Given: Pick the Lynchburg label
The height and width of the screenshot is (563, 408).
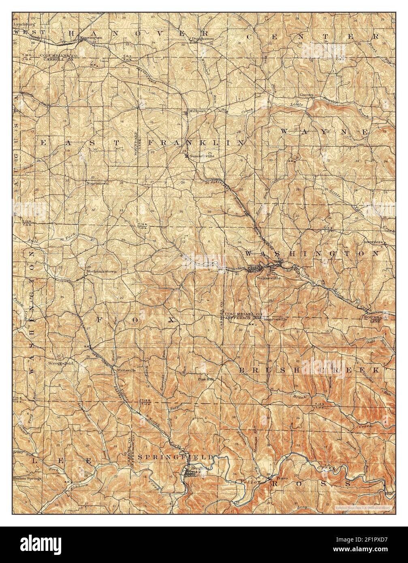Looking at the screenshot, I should pyautogui.click(x=22, y=24).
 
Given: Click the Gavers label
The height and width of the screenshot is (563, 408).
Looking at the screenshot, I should pyautogui.click(x=307, y=95).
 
